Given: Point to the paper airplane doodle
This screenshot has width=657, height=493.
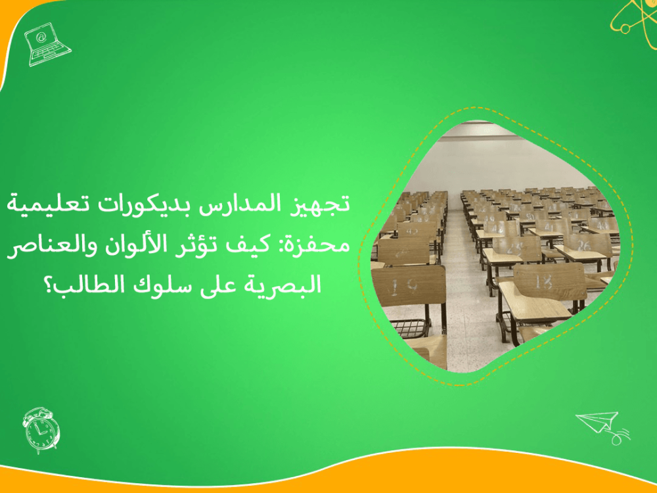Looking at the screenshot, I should pyautogui.click(x=599, y=423).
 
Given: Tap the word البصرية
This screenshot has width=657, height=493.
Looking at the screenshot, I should pyautogui.click(x=290, y=286).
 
